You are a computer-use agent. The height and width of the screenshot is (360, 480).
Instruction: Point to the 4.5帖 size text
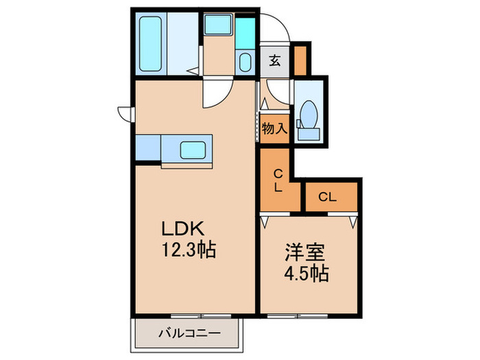tap(307, 274)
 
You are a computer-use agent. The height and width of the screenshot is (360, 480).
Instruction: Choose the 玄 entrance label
tap(275, 61)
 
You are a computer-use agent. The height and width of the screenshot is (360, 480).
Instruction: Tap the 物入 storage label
tap(274, 129)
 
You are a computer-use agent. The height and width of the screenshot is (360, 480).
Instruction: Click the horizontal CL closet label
tap(328, 197)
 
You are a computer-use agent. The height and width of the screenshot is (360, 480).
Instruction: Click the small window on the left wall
tap(124, 112)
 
